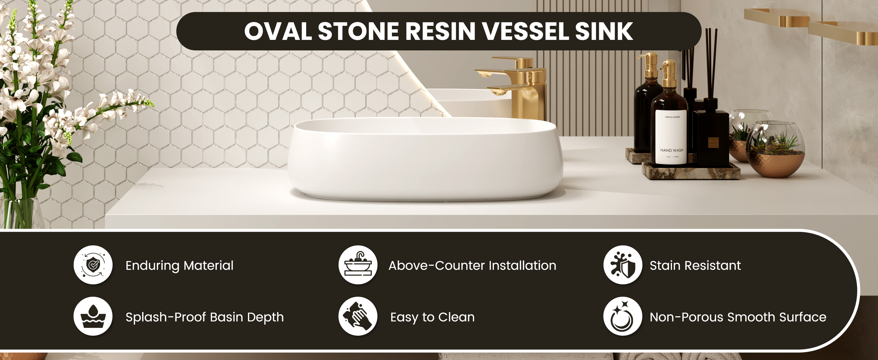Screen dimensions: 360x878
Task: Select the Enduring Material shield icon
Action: point(93,265)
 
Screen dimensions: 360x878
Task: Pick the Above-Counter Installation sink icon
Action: point(358,265)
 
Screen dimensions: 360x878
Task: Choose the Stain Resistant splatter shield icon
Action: point(623,265)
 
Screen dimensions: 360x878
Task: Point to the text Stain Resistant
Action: point(695,265)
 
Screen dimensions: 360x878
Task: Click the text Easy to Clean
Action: point(432,317)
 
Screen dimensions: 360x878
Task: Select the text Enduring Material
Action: point(179,265)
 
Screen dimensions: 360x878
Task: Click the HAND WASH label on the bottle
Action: point(671,150)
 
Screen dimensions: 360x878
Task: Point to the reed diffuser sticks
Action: point(711,61)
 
